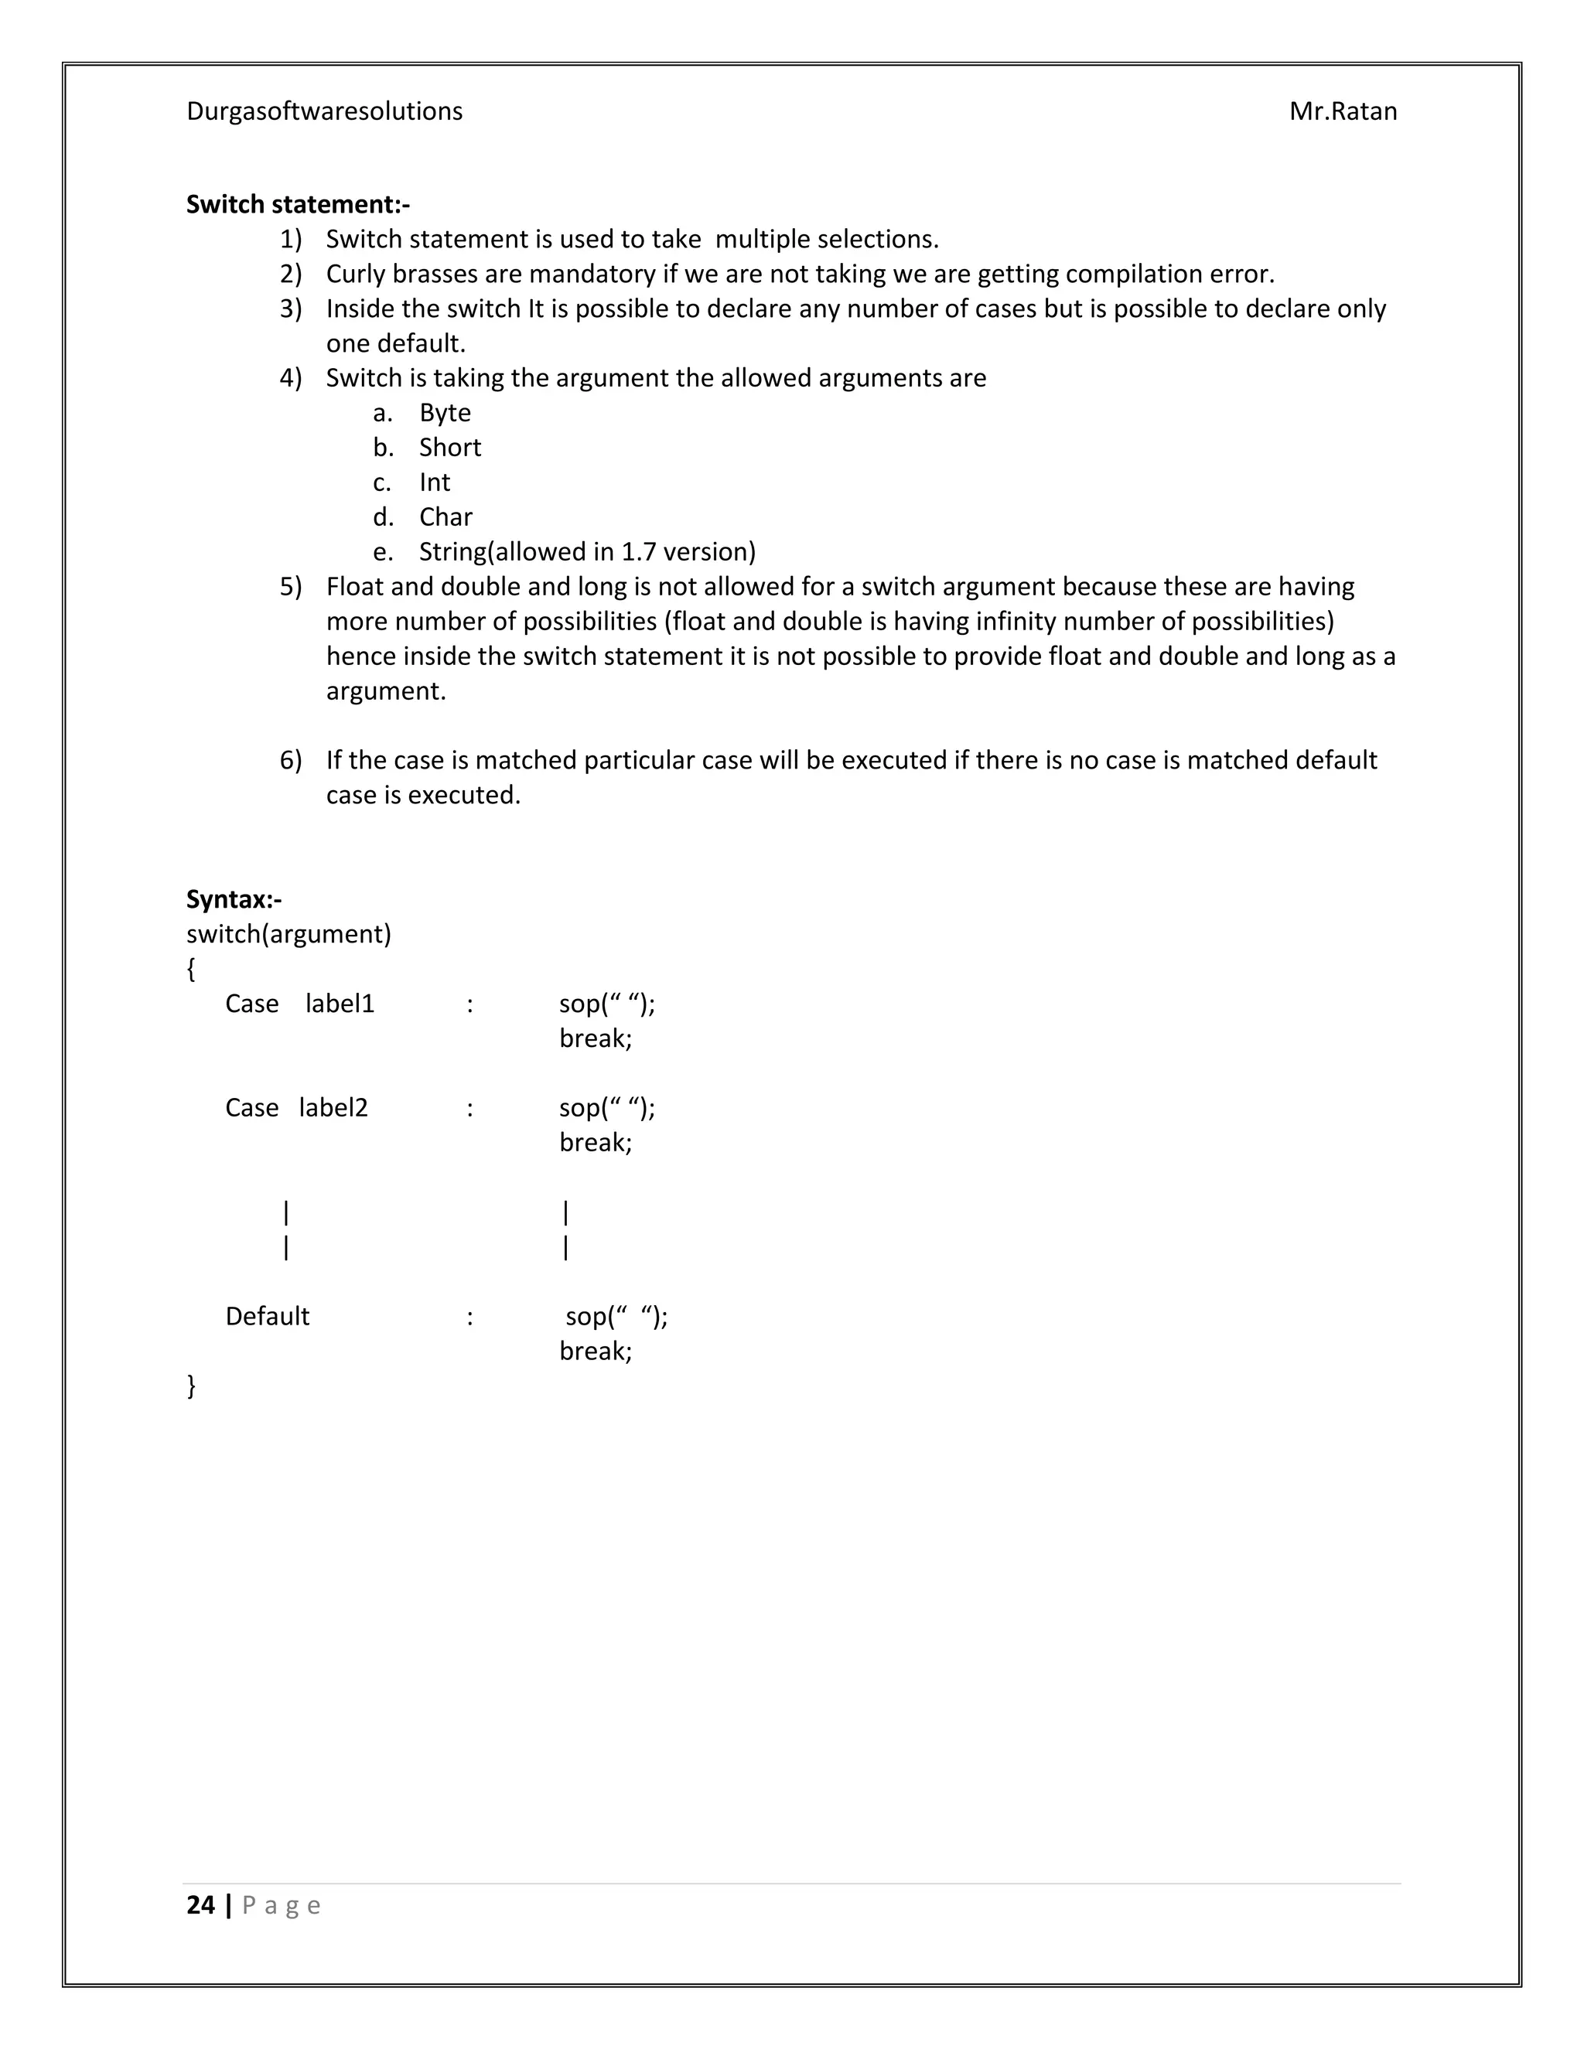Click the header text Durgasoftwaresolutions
click(324, 111)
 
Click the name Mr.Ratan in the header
click(1342, 111)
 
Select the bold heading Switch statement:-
click(298, 205)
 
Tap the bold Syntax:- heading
click(234, 900)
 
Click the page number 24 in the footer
click(201, 1904)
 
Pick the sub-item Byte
click(445, 413)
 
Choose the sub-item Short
click(449, 448)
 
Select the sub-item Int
click(435, 482)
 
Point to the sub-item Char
click(445, 517)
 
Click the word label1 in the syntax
click(340, 1004)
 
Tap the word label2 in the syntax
click(333, 1108)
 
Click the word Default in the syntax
click(268, 1316)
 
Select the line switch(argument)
click(288, 935)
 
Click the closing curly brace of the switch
click(192, 1386)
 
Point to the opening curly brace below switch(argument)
click(192, 969)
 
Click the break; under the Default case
click(596, 1351)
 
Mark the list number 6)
click(291, 760)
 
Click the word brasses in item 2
click(435, 274)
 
